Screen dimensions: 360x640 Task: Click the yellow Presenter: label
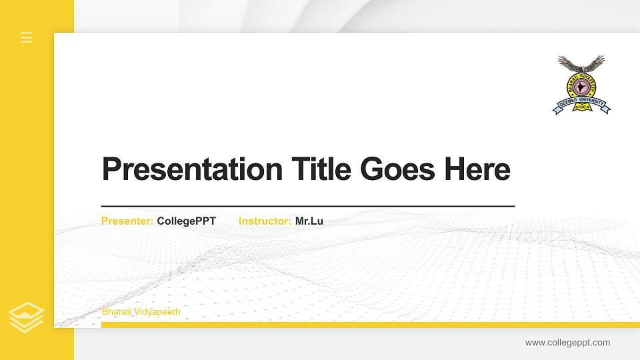click(x=127, y=221)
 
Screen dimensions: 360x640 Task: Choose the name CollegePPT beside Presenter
click(x=187, y=221)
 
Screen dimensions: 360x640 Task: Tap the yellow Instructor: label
click(x=265, y=221)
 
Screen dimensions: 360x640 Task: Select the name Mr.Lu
click(x=309, y=221)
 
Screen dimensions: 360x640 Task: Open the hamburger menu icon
click(x=27, y=37)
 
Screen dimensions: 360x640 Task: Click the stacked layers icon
click(x=27, y=317)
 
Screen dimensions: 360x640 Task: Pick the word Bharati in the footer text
click(x=117, y=312)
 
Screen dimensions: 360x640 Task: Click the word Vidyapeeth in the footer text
click(x=157, y=312)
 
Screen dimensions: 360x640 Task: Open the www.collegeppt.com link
click(x=567, y=343)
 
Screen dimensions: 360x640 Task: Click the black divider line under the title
click(x=308, y=207)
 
